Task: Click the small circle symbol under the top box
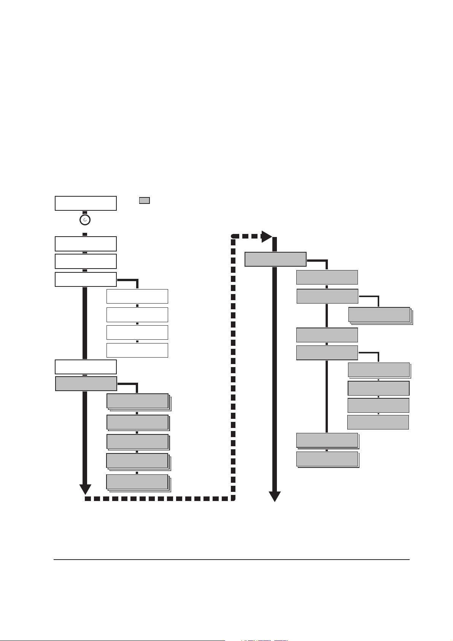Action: pyautogui.click(x=85, y=220)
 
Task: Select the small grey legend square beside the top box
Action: pyautogui.click(x=144, y=200)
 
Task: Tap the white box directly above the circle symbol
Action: pyautogui.click(x=86, y=203)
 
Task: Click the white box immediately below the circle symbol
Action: pyautogui.click(x=86, y=243)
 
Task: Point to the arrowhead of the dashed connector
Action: pyautogui.click(x=266, y=237)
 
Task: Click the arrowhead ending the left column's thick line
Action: pyautogui.click(x=85, y=489)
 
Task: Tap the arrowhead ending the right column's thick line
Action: pyautogui.click(x=275, y=496)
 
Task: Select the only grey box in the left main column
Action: pyautogui.click(x=86, y=383)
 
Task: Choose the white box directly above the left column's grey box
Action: pyautogui.click(x=86, y=367)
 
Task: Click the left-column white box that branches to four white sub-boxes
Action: pyautogui.click(x=86, y=279)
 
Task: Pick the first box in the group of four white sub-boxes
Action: pyautogui.click(x=137, y=296)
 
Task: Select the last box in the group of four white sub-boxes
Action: pyautogui.click(x=137, y=350)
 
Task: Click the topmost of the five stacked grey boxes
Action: pyautogui.click(x=137, y=401)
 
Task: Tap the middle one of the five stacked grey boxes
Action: pyautogui.click(x=137, y=441)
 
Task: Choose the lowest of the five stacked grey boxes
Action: pyautogui.click(x=137, y=482)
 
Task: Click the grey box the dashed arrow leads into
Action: pyautogui.click(x=275, y=259)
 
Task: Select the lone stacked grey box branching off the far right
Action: pyautogui.click(x=379, y=315)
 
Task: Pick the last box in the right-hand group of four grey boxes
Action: pyautogui.click(x=378, y=422)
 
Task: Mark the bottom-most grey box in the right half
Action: pyautogui.click(x=327, y=459)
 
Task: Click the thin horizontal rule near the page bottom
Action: pyautogui.click(x=231, y=560)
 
